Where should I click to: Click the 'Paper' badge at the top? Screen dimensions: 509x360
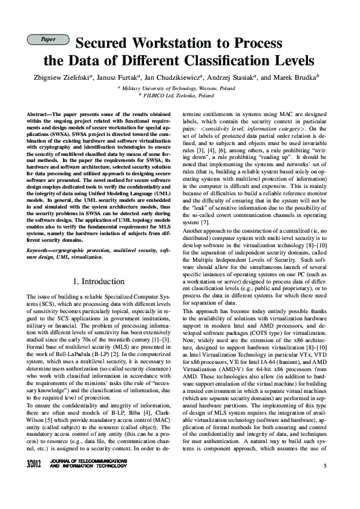tap(48, 39)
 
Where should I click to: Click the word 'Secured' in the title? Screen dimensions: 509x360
tap(100, 44)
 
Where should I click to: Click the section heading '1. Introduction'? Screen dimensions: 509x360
tap(99, 282)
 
